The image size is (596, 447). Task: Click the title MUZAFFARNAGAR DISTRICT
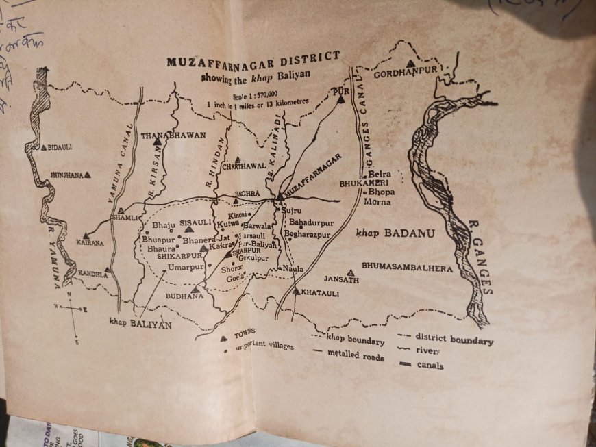pyautogui.click(x=253, y=60)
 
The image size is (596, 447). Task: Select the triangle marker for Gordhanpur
pyautogui.click(x=410, y=64)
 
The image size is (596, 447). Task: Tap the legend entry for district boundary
pyautogui.click(x=454, y=340)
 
